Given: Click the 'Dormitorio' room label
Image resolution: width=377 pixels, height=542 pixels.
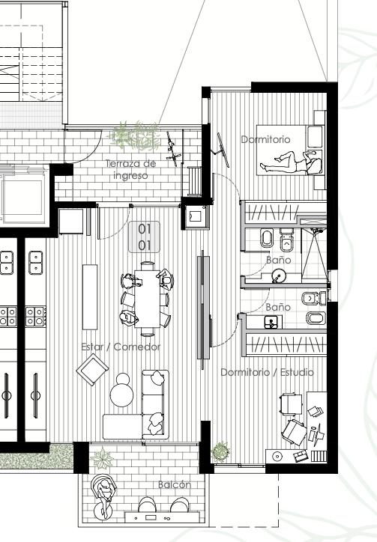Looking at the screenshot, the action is pyautogui.click(x=265, y=139).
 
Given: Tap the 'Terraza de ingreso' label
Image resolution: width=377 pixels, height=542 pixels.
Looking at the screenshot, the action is pyautogui.click(x=131, y=169).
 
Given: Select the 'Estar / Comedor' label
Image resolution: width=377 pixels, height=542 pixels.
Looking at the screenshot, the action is pyautogui.click(x=121, y=347).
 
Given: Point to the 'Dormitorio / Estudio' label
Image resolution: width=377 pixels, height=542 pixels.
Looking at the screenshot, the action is pyautogui.click(x=268, y=372).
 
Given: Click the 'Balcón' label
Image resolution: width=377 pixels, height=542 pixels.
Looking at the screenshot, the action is pyautogui.click(x=175, y=484).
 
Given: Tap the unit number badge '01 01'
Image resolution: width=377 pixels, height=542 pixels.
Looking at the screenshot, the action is pyautogui.click(x=145, y=237).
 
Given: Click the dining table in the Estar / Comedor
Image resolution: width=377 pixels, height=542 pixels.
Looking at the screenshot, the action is pyautogui.click(x=148, y=299).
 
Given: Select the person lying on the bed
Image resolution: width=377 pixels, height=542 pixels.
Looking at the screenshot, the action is pyautogui.click(x=291, y=162).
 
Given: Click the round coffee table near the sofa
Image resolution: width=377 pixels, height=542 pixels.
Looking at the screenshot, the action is pyautogui.click(x=122, y=394).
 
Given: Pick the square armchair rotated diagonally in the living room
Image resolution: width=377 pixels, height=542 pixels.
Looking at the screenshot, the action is pyautogui.click(x=92, y=369).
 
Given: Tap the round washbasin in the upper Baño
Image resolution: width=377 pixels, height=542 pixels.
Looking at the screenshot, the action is pyautogui.click(x=277, y=276).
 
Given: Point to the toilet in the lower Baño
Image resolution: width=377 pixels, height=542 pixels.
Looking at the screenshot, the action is pyautogui.click(x=313, y=298).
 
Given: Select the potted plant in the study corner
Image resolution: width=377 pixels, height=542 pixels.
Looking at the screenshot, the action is pyautogui.click(x=221, y=451).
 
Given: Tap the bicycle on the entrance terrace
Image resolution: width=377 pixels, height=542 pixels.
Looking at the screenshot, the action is pyautogui.click(x=172, y=149).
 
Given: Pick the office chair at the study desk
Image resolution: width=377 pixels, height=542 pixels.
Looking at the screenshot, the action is pyautogui.click(x=295, y=432).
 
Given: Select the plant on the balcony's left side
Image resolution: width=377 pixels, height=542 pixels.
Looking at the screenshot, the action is pyautogui.click(x=103, y=459).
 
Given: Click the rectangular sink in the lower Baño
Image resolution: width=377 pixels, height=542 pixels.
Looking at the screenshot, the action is pyautogui.click(x=271, y=323).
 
